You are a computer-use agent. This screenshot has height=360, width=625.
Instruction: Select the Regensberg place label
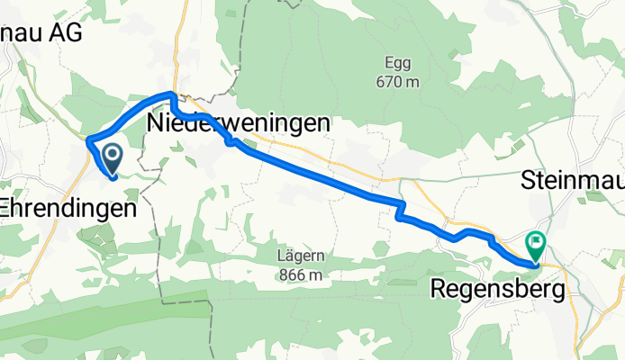[498, 290]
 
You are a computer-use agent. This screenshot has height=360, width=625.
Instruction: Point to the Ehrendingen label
[68, 207]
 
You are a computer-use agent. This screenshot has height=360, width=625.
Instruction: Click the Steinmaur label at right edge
[572, 181]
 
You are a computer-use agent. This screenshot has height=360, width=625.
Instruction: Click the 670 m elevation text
[399, 83]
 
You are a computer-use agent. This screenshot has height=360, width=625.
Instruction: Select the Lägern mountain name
[300, 256]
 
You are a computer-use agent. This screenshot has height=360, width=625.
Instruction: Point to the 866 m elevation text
[300, 272]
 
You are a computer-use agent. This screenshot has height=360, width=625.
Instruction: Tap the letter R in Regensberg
[439, 290]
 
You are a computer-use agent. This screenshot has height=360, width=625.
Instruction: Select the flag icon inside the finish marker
[537, 240]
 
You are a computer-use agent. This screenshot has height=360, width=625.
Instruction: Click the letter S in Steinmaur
[528, 181]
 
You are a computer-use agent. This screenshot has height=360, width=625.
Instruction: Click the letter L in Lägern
[282, 256]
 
